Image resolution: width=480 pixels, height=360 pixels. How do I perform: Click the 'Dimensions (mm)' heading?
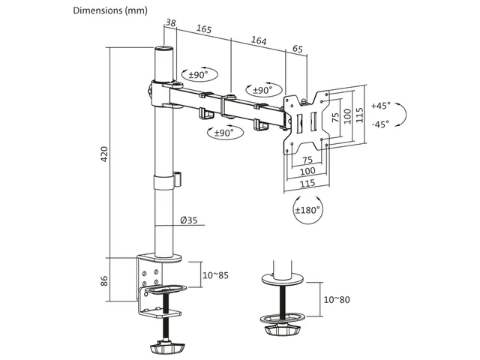(110, 10)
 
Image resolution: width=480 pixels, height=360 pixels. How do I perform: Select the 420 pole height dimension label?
(104, 154)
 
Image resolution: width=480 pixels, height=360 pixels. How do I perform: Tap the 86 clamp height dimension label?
(104, 280)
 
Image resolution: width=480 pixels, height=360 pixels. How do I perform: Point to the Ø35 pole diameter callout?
(188, 220)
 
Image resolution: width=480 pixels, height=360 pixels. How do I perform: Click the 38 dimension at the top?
(171, 22)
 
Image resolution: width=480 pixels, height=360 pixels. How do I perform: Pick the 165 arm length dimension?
(204, 28)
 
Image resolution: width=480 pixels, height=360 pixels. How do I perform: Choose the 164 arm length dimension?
(259, 40)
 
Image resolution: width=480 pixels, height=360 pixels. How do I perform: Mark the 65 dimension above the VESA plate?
(298, 49)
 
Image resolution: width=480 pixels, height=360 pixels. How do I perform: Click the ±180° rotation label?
(307, 210)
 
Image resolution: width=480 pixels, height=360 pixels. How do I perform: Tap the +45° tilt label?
(380, 106)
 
